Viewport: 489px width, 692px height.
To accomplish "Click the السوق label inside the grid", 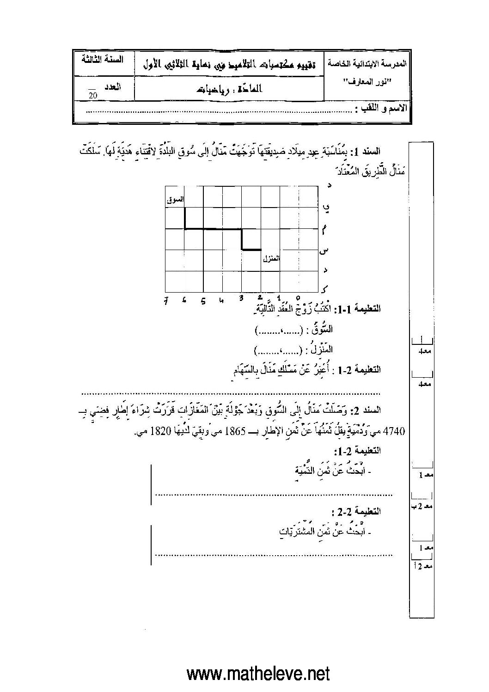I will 175,200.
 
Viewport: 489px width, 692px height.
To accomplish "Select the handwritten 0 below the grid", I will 298,298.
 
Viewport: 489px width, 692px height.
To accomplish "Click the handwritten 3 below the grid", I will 241,299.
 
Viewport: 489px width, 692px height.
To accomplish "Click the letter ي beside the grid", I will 327,208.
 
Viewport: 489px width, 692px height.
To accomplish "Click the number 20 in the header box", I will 92,96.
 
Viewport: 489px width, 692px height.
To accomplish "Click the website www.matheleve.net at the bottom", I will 258,674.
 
